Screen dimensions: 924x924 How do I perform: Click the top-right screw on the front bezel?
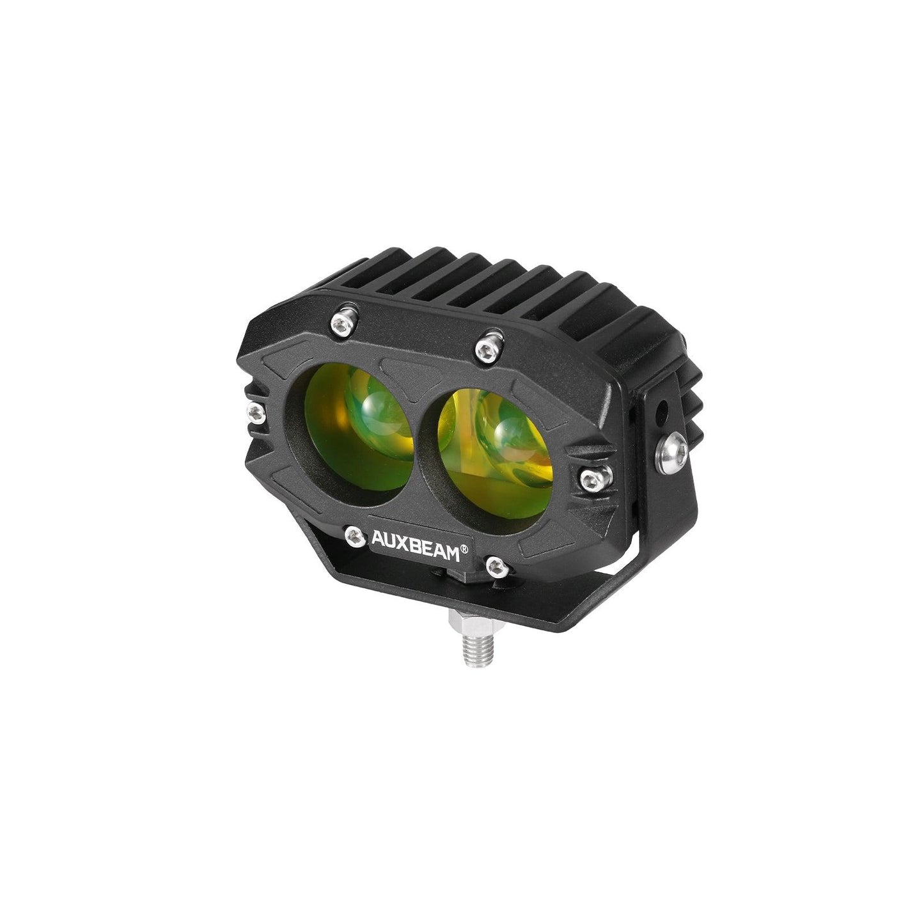pos(489,348)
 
